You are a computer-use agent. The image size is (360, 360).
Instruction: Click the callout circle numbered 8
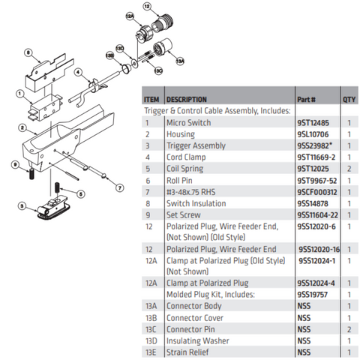tap(28, 52)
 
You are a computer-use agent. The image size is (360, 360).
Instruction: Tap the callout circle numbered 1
tap(19, 94)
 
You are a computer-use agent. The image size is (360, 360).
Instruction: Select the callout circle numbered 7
tap(120, 188)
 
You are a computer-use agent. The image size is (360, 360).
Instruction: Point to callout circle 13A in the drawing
tap(180, 61)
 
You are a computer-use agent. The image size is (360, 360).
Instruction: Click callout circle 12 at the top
tap(147, 7)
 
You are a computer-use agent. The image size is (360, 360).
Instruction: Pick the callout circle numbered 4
tap(78, 72)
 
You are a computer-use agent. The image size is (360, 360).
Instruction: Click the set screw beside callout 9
tap(31, 174)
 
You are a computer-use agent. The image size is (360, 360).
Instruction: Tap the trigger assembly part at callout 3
tap(53, 208)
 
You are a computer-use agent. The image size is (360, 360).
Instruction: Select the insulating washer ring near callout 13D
tap(134, 64)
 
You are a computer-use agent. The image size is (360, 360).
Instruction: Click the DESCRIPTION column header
tap(187, 100)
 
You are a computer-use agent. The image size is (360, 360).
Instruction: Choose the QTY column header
tap(349, 100)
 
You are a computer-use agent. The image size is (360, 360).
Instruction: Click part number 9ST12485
tap(313, 123)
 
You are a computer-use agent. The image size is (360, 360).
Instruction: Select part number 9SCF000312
tap(317, 192)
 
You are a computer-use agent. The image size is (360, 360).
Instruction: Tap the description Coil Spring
tap(184, 169)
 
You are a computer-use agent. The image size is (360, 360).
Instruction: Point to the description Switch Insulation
tap(196, 203)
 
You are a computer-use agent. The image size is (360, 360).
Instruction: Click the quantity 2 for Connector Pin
tap(349, 329)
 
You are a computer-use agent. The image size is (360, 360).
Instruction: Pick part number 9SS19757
tap(313, 295)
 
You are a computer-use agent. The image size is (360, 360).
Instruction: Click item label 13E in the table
tap(151, 352)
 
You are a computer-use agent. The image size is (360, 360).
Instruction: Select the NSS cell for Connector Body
tap(304, 306)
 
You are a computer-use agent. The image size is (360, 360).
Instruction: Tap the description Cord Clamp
tap(186, 157)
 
